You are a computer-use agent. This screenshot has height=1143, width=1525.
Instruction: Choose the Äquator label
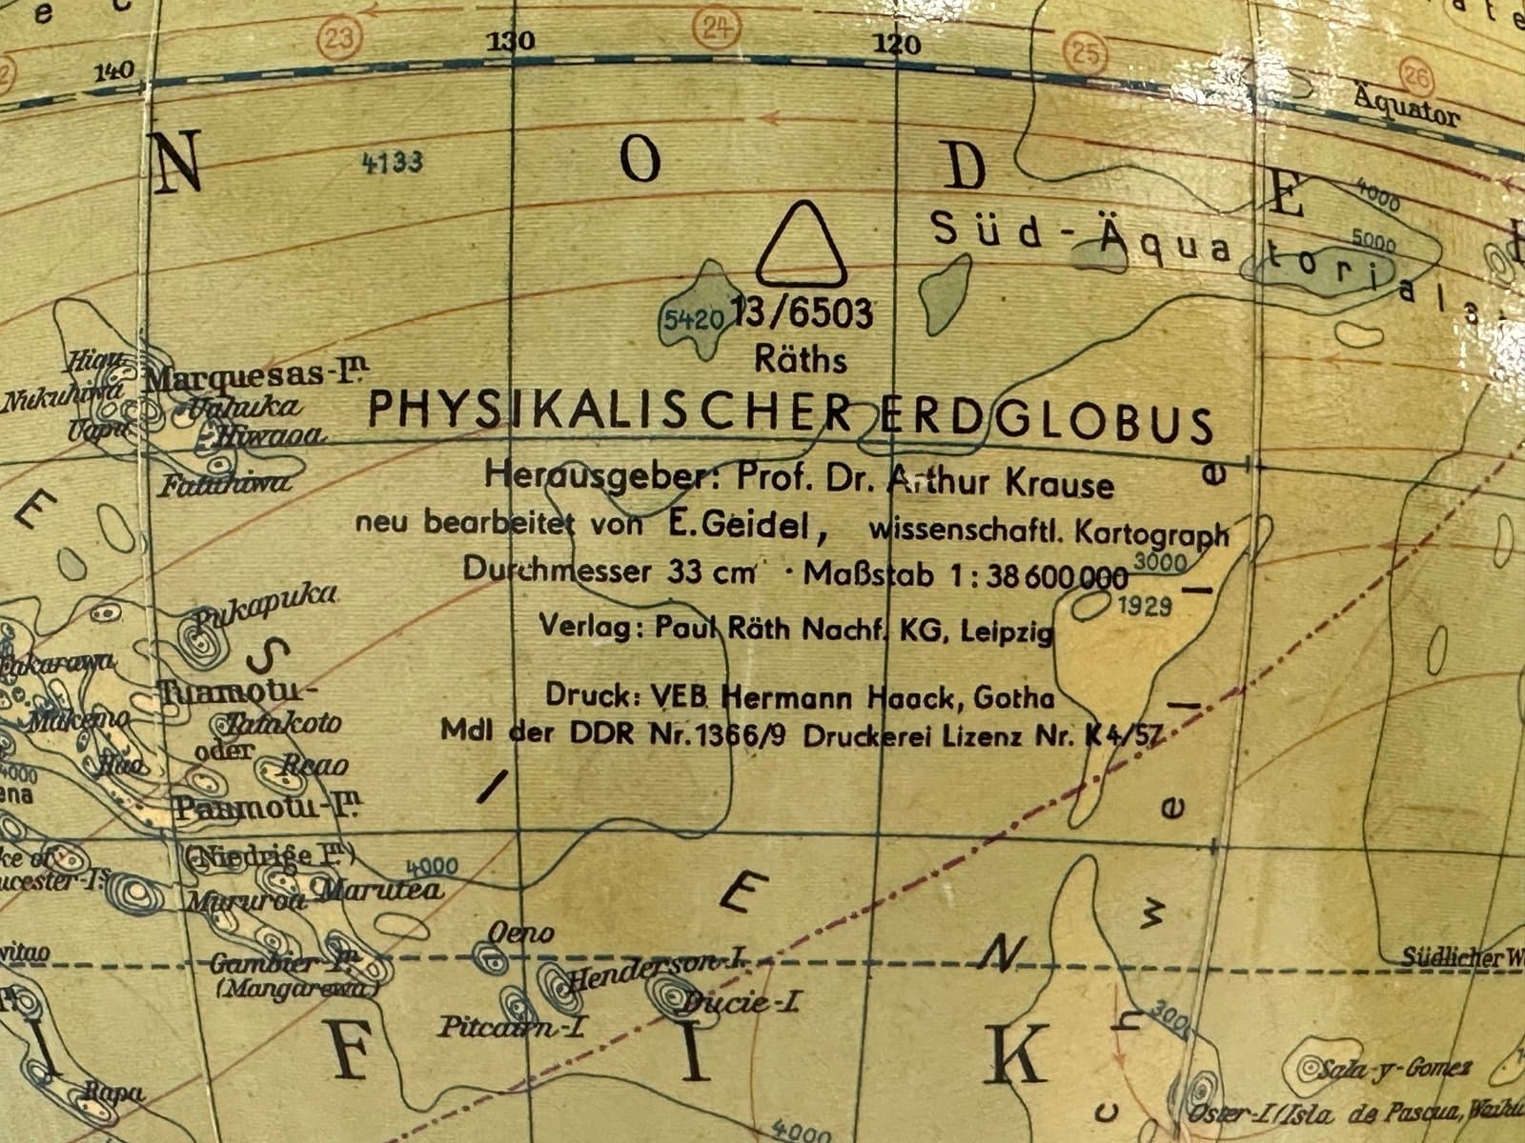click(x=1405, y=108)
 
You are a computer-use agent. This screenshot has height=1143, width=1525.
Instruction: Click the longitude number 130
click(x=511, y=42)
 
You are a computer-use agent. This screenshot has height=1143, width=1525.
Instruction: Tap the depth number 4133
click(x=392, y=162)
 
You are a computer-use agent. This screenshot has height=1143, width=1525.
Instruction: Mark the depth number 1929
click(x=1144, y=606)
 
